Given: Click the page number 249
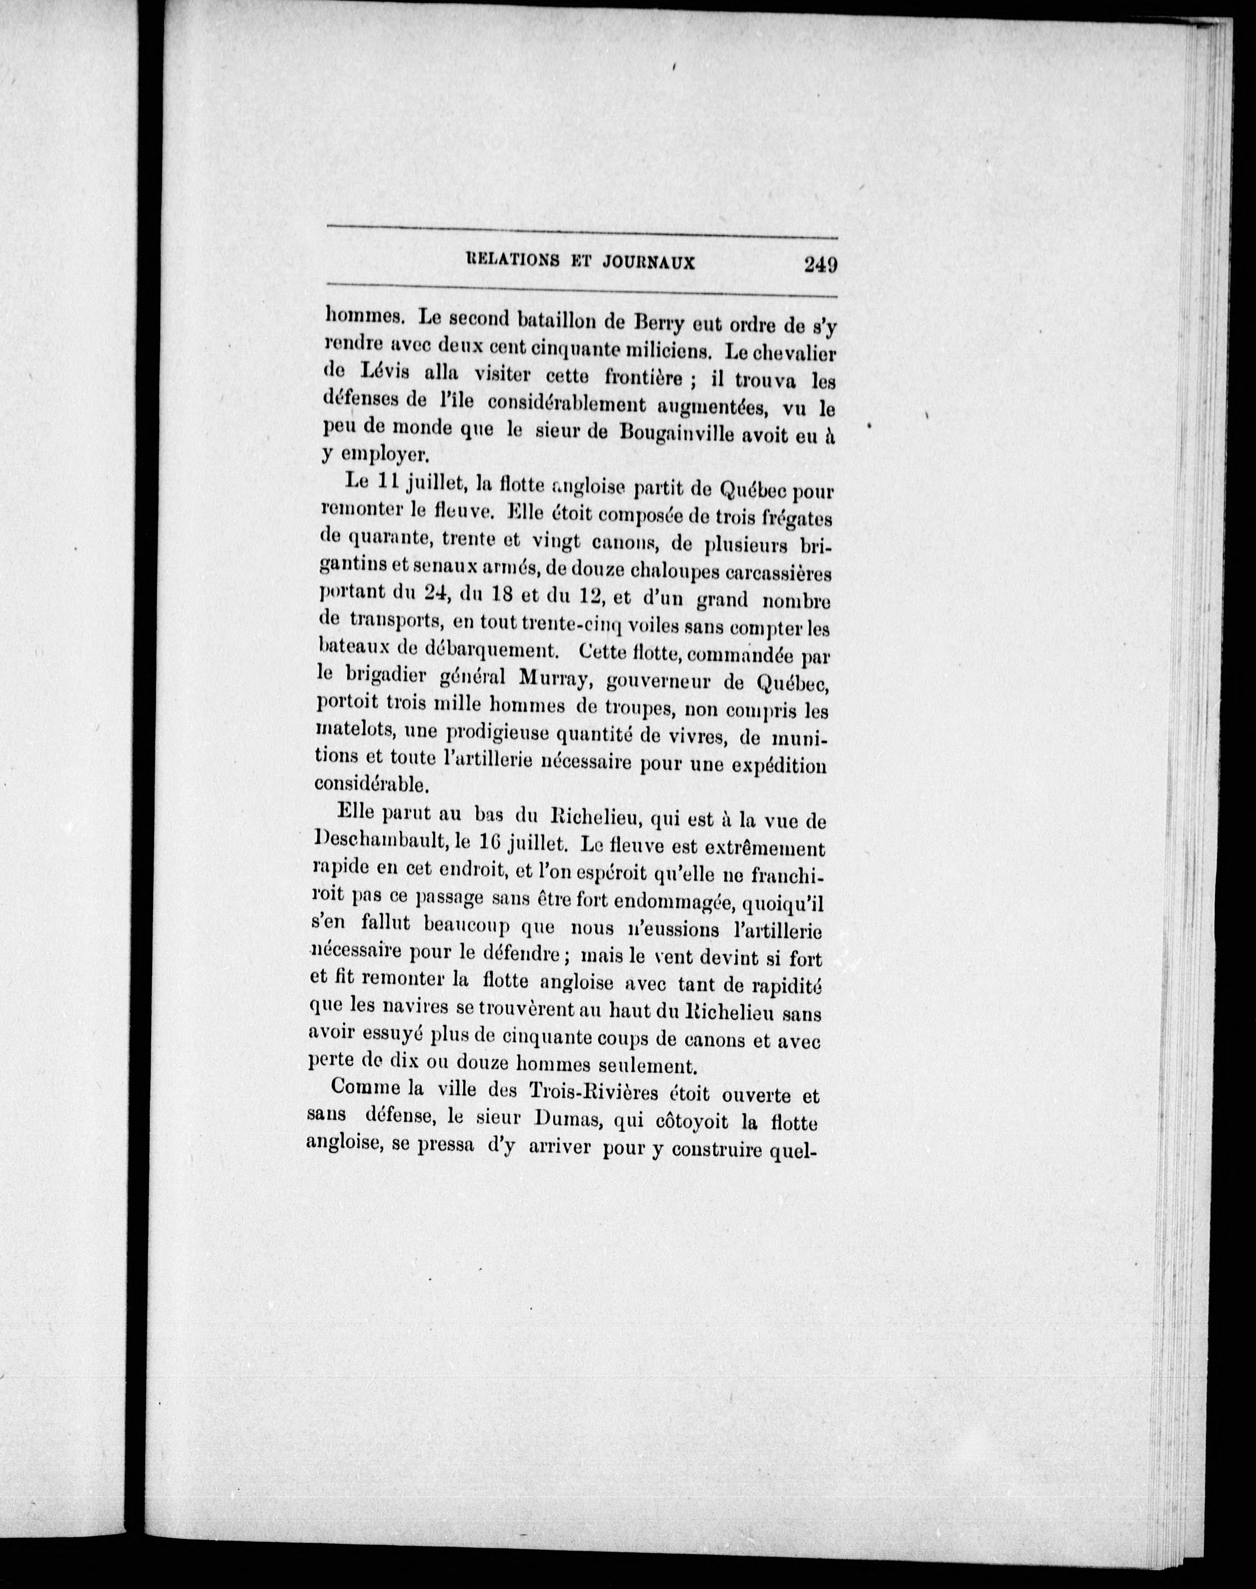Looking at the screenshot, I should [820, 264].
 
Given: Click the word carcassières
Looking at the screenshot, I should [778, 572].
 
